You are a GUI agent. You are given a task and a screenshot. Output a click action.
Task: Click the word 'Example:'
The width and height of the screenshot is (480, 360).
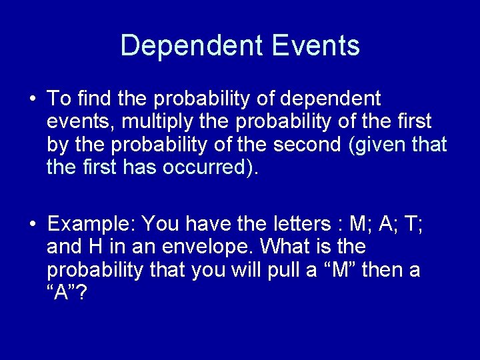click(92, 222)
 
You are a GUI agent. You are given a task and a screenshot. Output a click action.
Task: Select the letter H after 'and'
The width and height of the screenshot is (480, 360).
click(93, 247)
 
